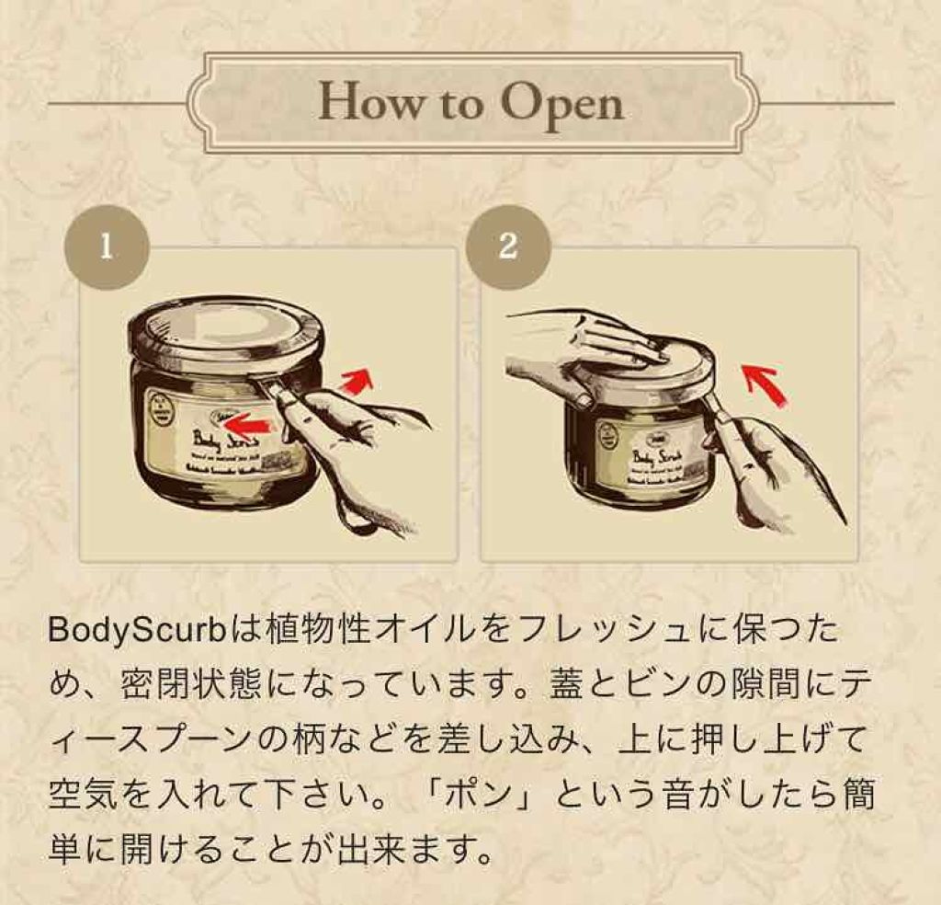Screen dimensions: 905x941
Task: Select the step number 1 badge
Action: [106, 247]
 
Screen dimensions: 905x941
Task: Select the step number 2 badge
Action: [508, 247]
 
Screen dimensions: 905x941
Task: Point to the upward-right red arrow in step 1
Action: [357, 380]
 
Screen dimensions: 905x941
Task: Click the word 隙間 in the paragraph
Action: [787, 685]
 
